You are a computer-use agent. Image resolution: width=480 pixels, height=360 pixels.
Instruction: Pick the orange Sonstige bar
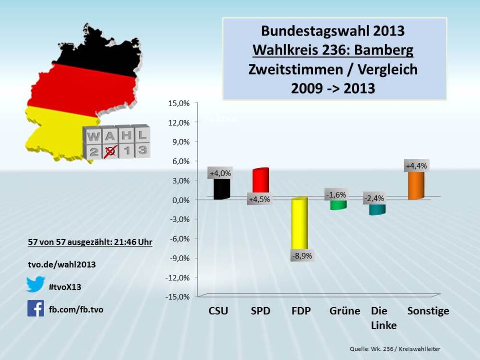pyautogui.click(x=416, y=185)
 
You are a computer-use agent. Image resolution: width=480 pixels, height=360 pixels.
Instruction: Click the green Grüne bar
pyautogui.click(x=338, y=205)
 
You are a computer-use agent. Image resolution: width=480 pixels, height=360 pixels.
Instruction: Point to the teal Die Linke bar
pyautogui.click(x=377, y=209)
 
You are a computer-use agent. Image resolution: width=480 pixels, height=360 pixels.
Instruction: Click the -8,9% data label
pyautogui.click(x=301, y=256)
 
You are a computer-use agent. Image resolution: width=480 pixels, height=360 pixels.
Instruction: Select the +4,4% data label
pyautogui.click(x=416, y=166)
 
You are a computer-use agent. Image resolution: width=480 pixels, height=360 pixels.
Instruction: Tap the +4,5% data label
pyautogui.click(x=259, y=199)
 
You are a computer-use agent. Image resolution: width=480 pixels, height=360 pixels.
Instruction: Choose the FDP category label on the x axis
pyautogui.click(x=301, y=311)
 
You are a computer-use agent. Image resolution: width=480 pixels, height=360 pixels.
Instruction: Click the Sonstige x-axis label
pyautogui.click(x=428, y=311)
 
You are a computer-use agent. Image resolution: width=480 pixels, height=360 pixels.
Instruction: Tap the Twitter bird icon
pyautogui.click(x=36, y=284)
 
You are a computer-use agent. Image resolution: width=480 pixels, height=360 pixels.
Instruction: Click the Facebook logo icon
pyautogui.click(x=36, y=308)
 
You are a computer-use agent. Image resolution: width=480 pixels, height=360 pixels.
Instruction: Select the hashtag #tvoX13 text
pyautogui.click(x=65, y=287)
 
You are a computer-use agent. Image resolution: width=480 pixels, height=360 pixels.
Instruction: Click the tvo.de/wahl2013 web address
pyautogui.click(x=61, y=264)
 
